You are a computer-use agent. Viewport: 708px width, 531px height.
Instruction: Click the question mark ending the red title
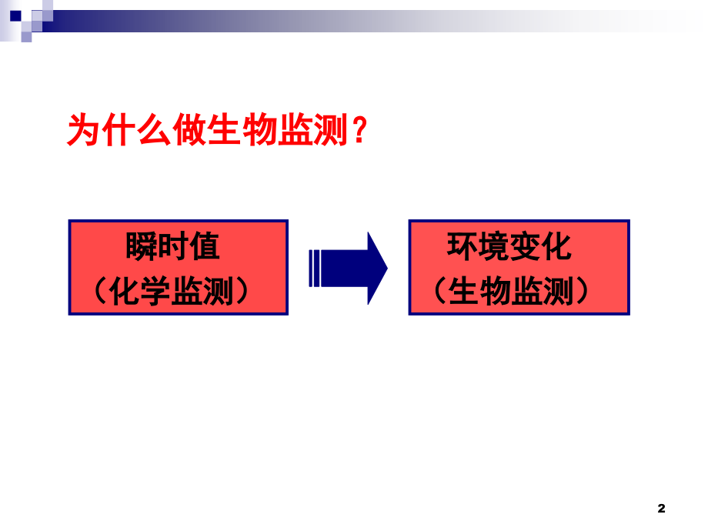point(356,132)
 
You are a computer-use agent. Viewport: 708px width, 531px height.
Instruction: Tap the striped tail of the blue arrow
point(316,267)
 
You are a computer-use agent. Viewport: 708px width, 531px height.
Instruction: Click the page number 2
point(661,508)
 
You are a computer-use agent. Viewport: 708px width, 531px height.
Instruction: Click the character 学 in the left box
point(156,292)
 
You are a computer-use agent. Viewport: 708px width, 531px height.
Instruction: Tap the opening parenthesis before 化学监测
point(99,292)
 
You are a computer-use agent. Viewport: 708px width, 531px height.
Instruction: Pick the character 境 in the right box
point(494,248)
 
